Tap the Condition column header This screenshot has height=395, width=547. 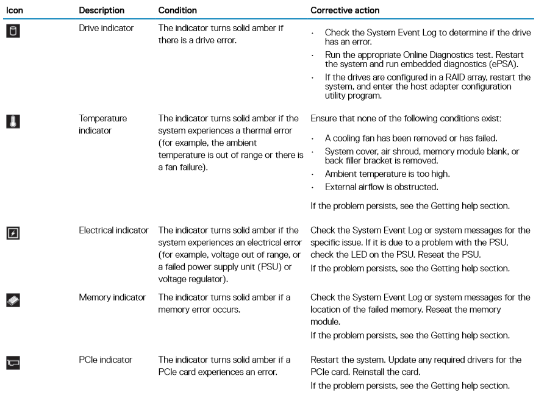click(175, 10)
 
